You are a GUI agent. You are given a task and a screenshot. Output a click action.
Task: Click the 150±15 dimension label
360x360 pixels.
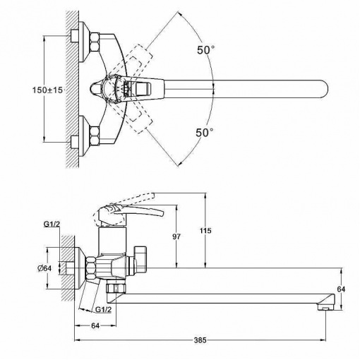pos(47,90)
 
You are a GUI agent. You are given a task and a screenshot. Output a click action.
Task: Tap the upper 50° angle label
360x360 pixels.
pos(205,50)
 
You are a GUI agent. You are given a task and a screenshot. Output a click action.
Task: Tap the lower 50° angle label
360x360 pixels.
pos(205,133)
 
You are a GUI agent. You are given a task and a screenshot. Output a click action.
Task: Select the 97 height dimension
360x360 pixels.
pos(176,236)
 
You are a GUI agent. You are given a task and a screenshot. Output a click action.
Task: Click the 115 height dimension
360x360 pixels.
pos(206,231)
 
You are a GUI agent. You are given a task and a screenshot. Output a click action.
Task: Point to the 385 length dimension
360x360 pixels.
pos(200,340)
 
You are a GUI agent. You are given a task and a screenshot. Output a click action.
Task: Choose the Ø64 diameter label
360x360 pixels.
pos(44,268)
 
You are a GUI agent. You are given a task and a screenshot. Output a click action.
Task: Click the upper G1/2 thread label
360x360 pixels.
pos(52,224)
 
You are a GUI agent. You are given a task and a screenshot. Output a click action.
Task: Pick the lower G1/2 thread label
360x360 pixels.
pos(103,310)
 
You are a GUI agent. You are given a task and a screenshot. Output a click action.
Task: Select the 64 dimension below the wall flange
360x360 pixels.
pos(95,325)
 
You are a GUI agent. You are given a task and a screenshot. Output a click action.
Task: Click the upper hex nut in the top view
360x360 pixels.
pos(95,42)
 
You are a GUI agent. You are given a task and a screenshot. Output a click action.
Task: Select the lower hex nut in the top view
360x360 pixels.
pos(95,136)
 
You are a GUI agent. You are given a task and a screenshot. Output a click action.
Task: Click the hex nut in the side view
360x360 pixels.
pos(91,268)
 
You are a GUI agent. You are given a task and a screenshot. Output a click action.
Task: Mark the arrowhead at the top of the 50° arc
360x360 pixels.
pos(181,15)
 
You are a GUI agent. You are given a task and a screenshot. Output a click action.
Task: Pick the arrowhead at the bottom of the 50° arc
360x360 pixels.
pos(180,163)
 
